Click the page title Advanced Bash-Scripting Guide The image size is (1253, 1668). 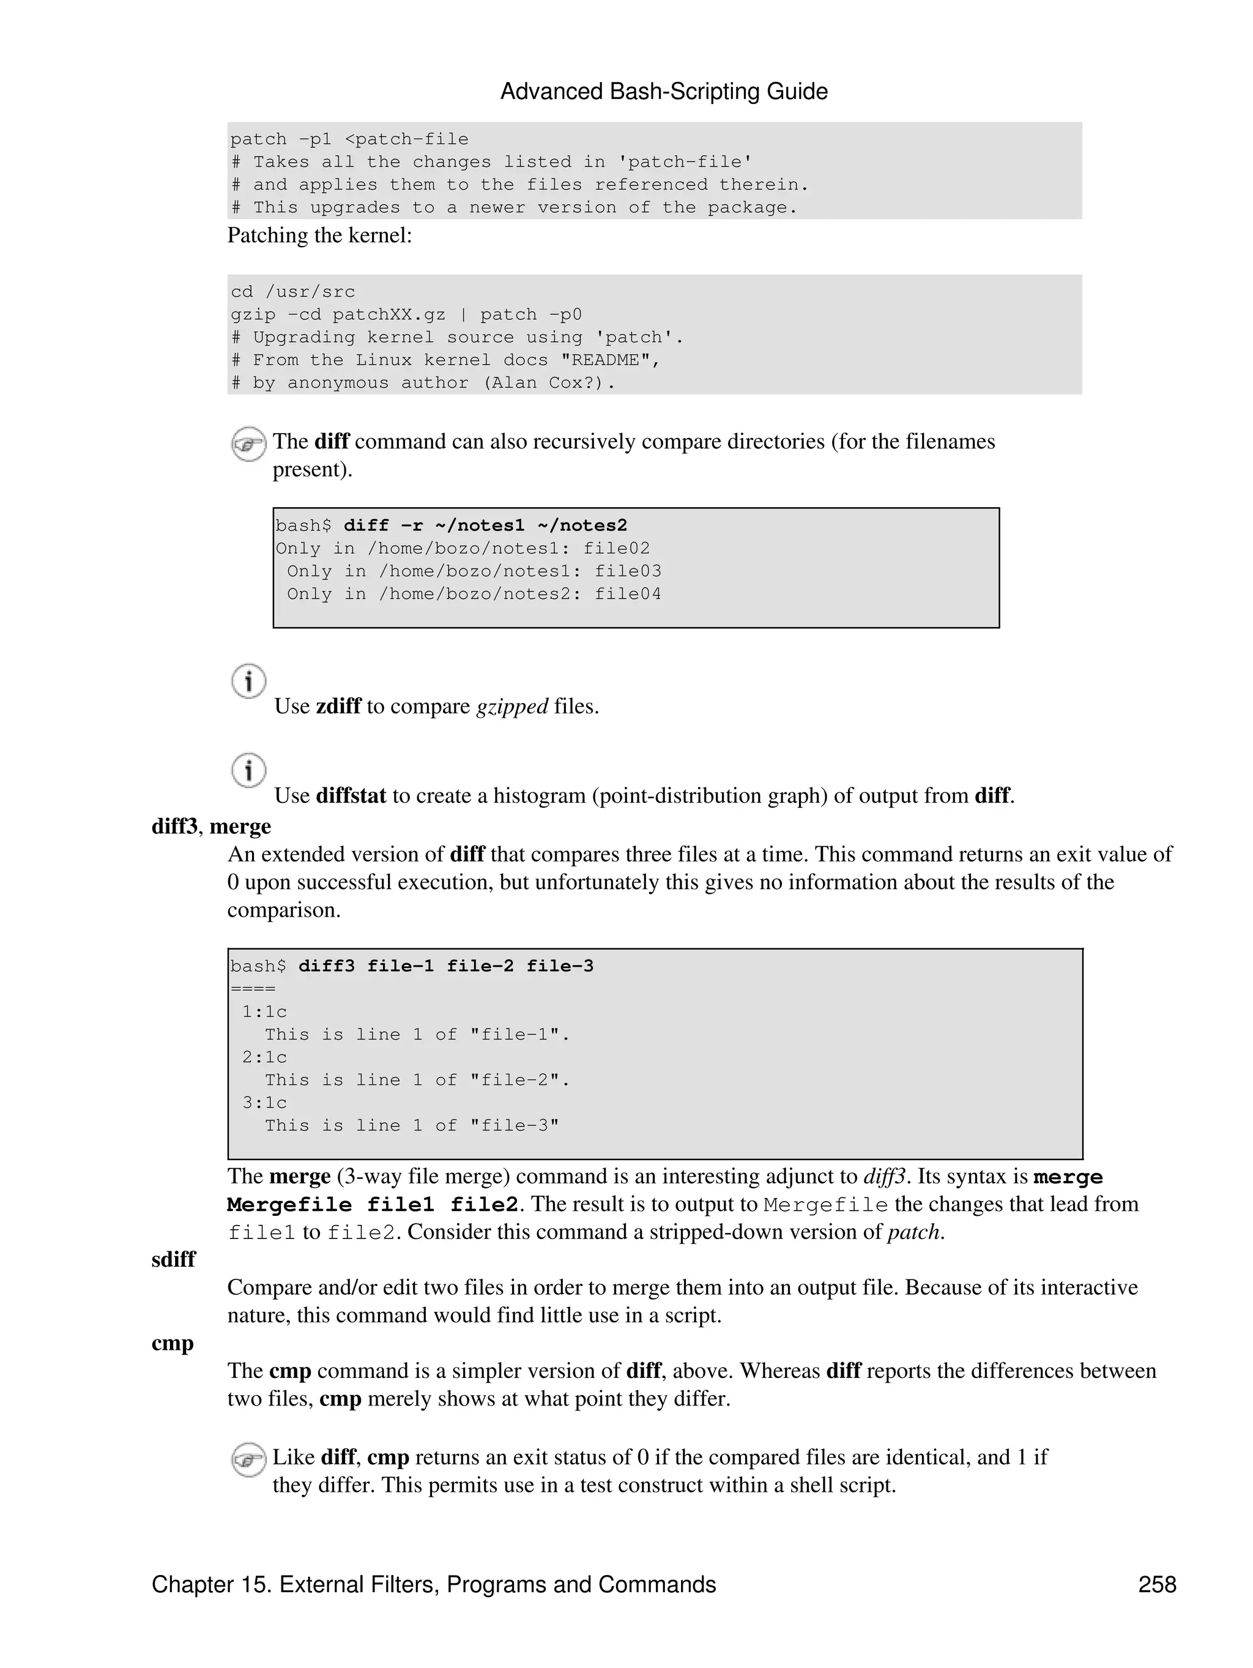point(663,91)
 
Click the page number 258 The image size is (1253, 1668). point(1156,1584)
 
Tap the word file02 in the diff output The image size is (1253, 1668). point(616,548)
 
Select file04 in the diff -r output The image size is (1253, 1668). point(627,594)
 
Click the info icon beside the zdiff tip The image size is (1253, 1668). point(248,681)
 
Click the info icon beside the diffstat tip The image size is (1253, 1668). point(248,770)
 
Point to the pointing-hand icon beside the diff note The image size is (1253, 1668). point(248,444)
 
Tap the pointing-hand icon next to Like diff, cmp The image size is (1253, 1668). point(248,1459)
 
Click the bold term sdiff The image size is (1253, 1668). point(173,1259)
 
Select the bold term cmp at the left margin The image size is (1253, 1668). point(173,1343)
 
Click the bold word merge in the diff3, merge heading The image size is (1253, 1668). point(240,827)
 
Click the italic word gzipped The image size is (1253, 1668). point(512,707)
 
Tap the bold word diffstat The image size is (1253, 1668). point(351,795)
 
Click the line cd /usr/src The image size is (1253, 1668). point(292,292)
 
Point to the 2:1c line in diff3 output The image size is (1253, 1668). point(265,1057)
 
